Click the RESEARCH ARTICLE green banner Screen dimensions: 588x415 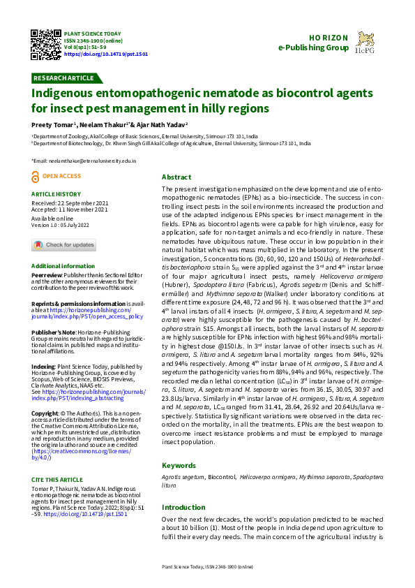tap(64, 78)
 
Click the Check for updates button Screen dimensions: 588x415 tap(63, 244)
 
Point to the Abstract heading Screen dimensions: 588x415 tap(176, 177)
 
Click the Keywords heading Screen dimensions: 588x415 tap(179, 465)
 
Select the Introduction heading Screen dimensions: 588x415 tap(183, 507)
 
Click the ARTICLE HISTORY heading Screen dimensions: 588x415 tap(56, 194)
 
